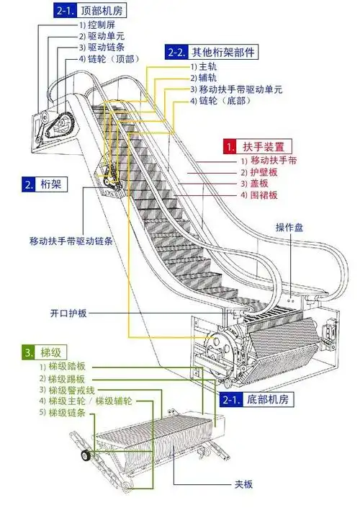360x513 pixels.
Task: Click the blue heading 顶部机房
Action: pos(103,11)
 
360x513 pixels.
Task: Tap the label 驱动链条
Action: pos(101,48)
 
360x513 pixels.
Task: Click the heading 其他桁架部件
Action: pos(222,52)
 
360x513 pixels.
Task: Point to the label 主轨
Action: pos(207,67)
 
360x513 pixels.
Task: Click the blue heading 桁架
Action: pos(51,184)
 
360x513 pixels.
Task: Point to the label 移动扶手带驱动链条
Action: pos(71,240)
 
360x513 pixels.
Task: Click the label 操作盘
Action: pos(289,228)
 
